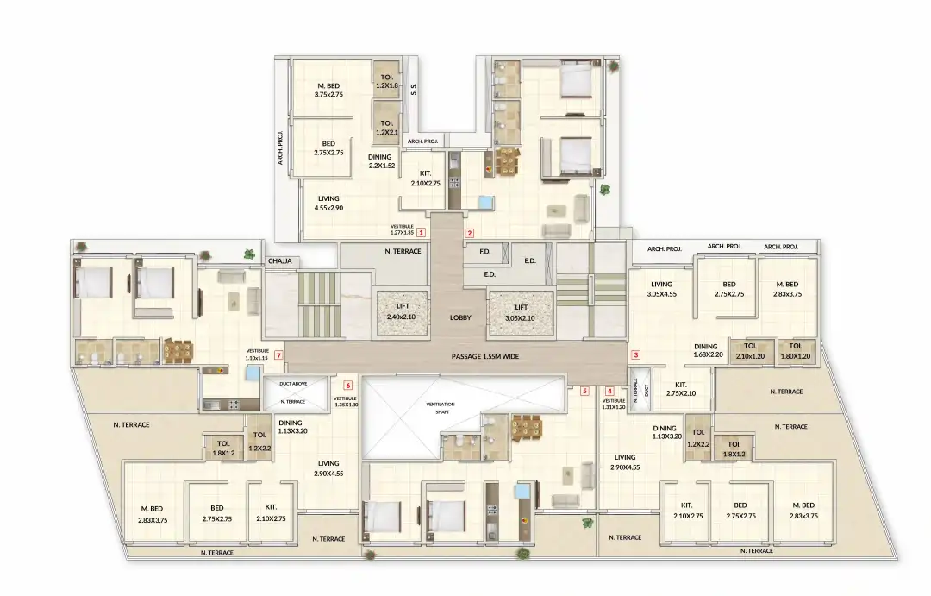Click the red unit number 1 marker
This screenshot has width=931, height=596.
[422, 232]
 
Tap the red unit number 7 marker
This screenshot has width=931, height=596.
[278, 355]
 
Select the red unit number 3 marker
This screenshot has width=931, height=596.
[636, 354]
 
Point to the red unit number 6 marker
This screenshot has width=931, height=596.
[348, 386]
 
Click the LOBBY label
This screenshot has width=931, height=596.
[460, 317]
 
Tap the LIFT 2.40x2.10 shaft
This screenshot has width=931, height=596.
[403, 311]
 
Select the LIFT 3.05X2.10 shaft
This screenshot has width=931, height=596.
[520, 311]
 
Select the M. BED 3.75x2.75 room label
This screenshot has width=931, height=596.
[329, 89]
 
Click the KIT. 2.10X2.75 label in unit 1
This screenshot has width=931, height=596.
[426, 179]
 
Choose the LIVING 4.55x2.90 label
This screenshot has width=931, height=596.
[328, 203]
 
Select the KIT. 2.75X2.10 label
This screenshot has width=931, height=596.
[681, 389]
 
